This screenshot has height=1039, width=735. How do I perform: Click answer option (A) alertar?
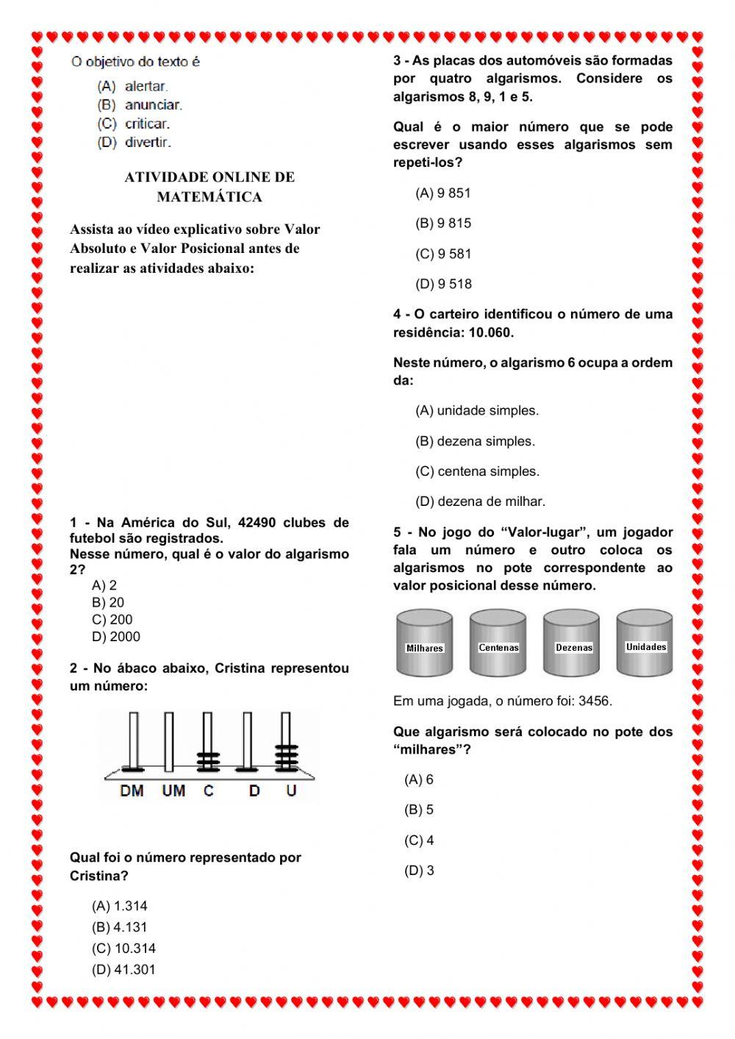point(133,87)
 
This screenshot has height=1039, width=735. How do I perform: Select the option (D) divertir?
point(135,143)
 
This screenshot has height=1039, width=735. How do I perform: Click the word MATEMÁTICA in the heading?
point(209,197)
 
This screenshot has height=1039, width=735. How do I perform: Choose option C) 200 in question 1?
point(112,620)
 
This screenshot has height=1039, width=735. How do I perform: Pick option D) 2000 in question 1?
point(116,637)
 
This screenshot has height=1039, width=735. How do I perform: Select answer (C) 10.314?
point(123,949)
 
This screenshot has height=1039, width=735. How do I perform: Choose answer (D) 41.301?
point(123,970)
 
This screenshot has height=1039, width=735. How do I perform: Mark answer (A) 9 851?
point(443,193)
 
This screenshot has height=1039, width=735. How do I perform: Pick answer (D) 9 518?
point(443,284)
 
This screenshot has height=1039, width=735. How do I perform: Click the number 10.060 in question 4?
point(490,332)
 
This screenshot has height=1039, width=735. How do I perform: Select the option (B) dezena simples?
point(475,441)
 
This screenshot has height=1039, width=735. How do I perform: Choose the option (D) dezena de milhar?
point(480,501)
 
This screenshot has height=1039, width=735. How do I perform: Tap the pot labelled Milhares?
point(424,643)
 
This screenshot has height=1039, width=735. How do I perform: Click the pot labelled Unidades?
point(645,643)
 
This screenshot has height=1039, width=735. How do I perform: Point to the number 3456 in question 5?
point(595,701)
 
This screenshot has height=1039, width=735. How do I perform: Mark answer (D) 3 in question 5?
point(419,871)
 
